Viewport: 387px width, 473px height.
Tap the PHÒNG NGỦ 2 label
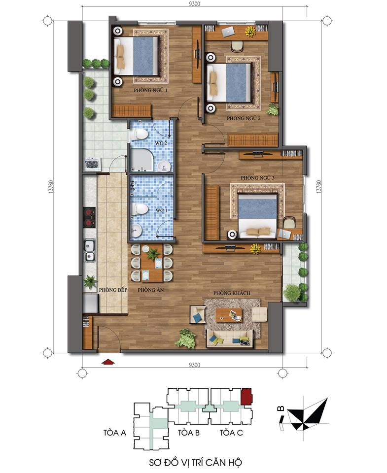click(244, 119)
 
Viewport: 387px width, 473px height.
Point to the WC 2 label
click(161, 143)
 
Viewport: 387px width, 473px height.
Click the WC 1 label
click(161, 210)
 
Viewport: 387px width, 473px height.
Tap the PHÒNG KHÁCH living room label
click(232, 293)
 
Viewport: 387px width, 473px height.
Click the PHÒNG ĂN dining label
click(147, 290)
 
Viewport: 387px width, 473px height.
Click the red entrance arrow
click(107, 362)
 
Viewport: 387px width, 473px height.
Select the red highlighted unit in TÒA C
click(246, 396)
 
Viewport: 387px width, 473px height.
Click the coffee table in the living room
click(229, 314)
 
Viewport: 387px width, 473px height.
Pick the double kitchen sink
click(90, 250)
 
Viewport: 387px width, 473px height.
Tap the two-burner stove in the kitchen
click(89, 217)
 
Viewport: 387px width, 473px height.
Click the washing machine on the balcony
click(92, 164)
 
